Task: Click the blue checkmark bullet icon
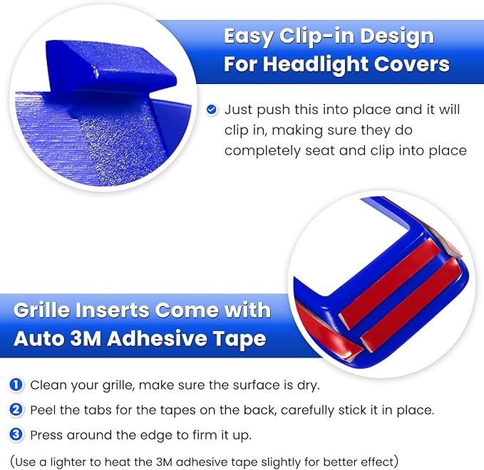212,110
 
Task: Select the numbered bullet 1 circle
16,385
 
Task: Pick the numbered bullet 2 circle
16,410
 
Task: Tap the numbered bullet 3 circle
16,434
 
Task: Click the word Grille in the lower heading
50,311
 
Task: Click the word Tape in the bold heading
241,339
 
